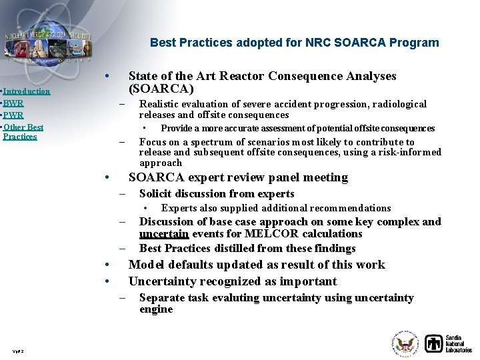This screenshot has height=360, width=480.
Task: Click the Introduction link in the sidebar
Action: click(x=27, y=91)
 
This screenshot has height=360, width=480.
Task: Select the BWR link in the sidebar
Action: click(x=13, y=103)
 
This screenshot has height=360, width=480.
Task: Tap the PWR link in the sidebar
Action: click(x=13, y=115)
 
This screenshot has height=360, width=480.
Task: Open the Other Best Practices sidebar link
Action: click(x=23, y=131)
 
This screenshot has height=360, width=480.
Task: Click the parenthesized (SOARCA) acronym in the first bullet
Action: click(x=161, y=89)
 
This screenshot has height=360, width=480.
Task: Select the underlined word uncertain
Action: click(x=164, y=234)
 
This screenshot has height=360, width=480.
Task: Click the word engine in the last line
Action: click(x=156, y=309)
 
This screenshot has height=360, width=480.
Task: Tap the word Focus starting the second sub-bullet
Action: click(x=153, y=142)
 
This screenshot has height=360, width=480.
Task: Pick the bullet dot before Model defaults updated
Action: click(x=107, y=265)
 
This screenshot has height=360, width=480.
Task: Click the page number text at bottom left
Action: click(x=18, y=351)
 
